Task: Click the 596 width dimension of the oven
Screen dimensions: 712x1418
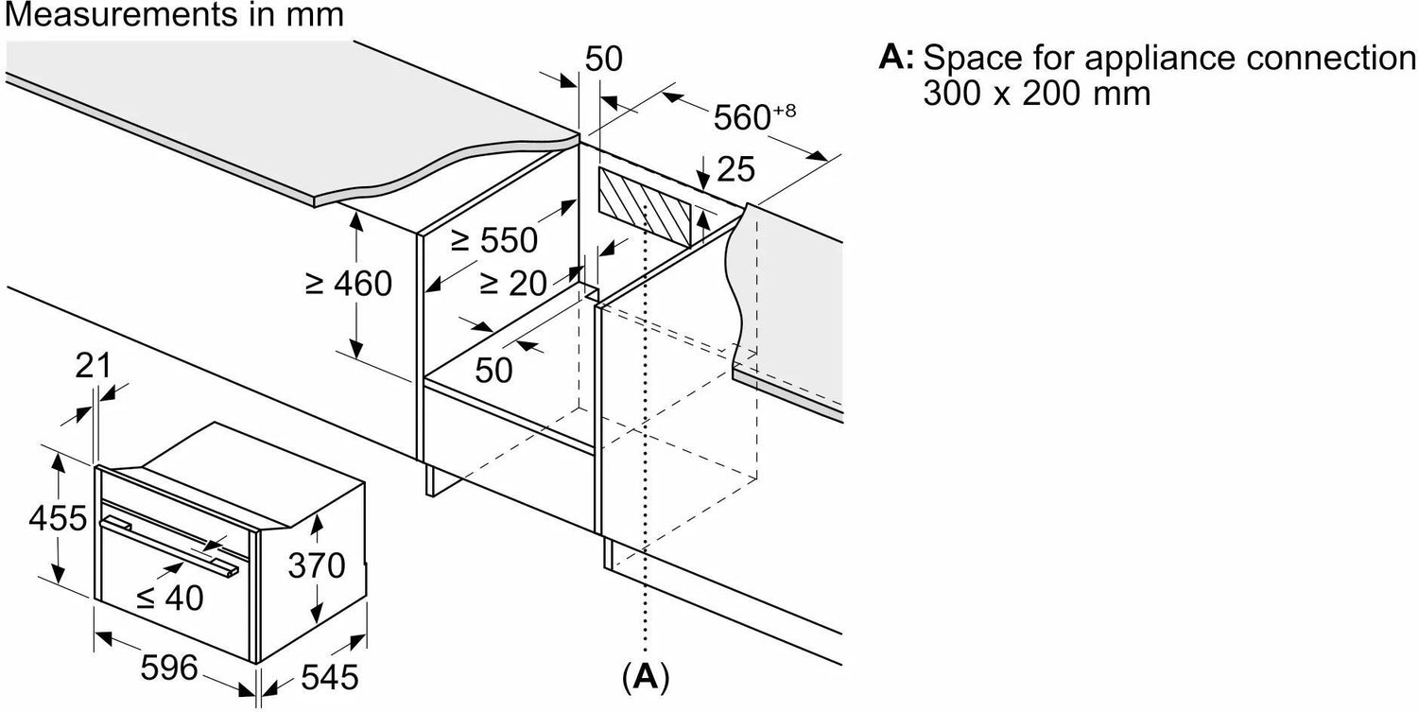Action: point(171,669)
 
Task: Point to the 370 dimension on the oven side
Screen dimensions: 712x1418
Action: point(316,565)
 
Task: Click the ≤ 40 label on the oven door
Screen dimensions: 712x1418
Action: point(170,597)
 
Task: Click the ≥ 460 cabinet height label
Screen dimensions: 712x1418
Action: point(348,282)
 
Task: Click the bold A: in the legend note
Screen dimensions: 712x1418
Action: point(895,58)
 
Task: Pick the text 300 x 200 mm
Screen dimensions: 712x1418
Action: point(1037,94)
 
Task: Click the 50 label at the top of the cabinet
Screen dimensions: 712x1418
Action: point(603,59)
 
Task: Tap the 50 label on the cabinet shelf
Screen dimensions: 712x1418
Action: point(493,369)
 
